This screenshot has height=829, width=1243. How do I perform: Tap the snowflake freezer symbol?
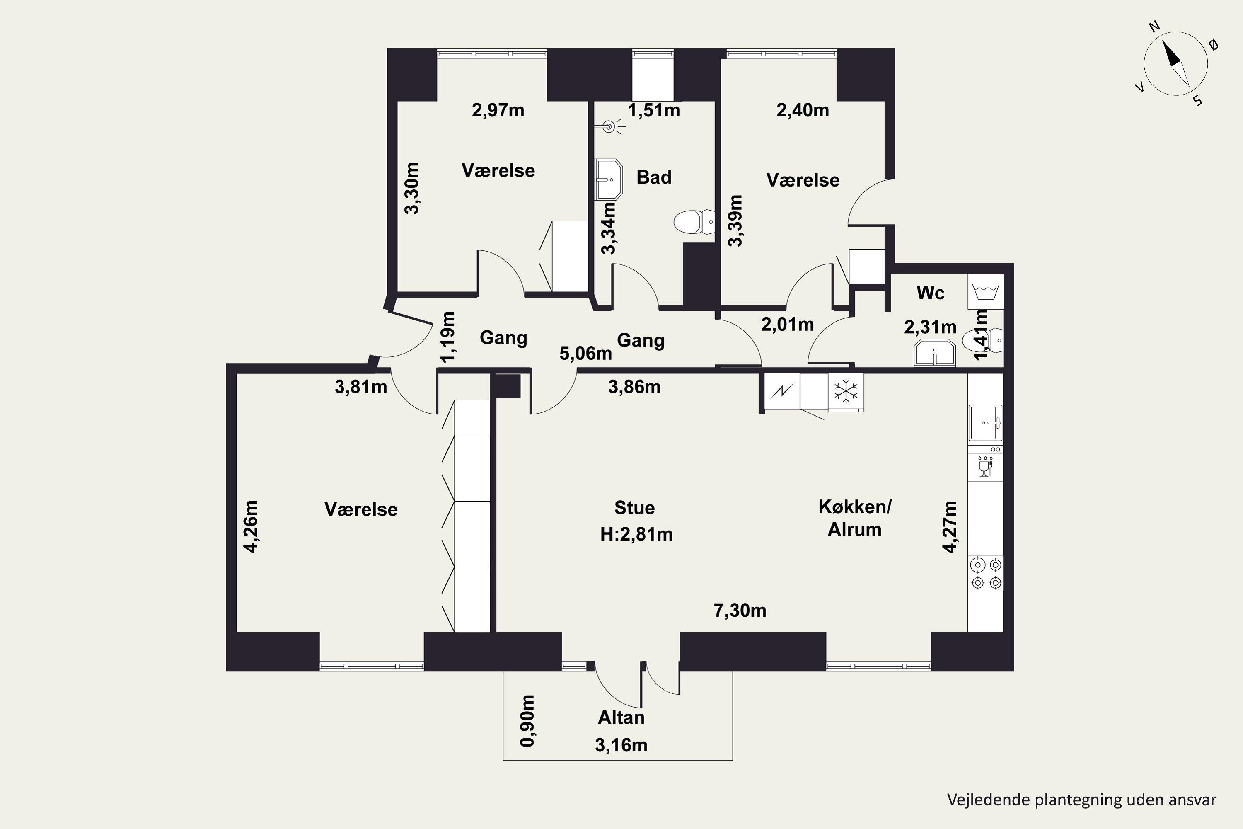pyautogui.click(x=846, y=392)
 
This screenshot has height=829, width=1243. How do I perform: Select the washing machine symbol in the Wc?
pyautogui.click(x=985, y=291)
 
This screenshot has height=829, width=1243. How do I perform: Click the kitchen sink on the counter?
pyautogui.click(x=985, y=423)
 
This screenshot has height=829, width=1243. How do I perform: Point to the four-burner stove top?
pyautogui.click(x=986, y=574)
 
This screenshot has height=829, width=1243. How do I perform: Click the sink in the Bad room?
pyautogui.click(x=609, y=179)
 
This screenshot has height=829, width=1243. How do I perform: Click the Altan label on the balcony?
pyautogui.click(x=621, y=717)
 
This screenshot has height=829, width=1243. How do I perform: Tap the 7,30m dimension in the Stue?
pyautogui.click(x=740, y=611)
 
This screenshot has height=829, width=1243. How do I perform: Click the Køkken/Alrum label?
pyautogui.click(x=854, y=518)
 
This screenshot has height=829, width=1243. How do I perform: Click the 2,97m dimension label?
pyautogui.click(x=498, y=111)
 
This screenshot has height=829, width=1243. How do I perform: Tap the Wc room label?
pyautogui.click(x=930, y=292)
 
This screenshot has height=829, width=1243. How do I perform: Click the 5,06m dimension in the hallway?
pyautogui.click(x=585, y=353)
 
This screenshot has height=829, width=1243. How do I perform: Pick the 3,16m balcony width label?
pyautogui.click(x=621, y=745)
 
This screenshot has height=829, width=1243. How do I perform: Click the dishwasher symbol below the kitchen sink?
pyautogui.click(x=985, y=465)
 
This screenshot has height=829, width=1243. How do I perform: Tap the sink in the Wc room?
pyautogui.click(x=934, y=353)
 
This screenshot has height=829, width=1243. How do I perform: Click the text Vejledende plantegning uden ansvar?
pyautogui.click(x=1081, y=800)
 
